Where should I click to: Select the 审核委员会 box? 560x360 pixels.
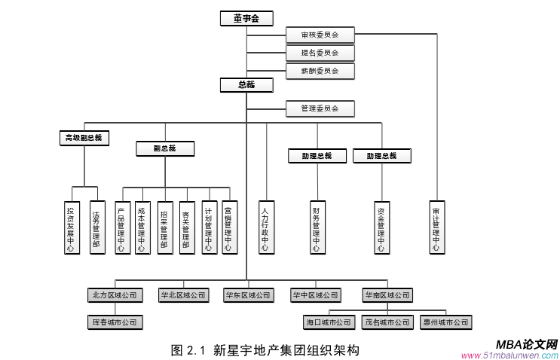320,35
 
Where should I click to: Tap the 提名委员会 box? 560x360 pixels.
320,53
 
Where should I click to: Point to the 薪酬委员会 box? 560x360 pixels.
320,71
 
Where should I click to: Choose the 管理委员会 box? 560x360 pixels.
320,108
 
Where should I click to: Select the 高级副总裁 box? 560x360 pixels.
84,138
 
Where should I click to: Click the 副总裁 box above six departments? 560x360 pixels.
165,148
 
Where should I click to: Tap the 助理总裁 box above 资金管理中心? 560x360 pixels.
390,156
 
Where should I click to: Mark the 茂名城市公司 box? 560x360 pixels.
387,322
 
